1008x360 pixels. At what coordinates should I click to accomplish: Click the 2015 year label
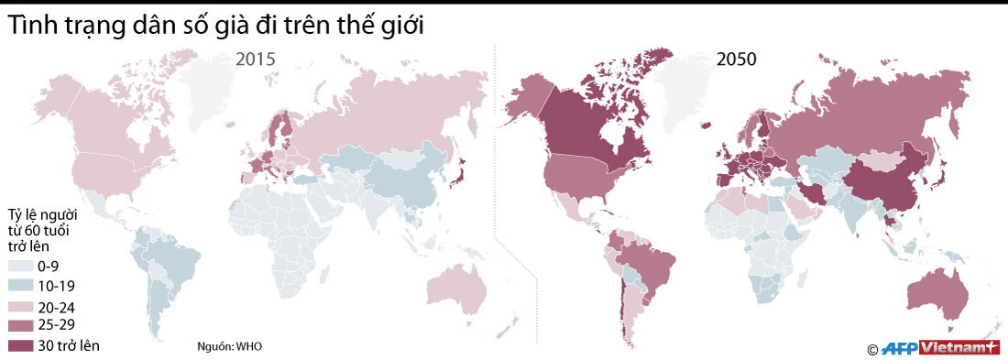tap(256, 60)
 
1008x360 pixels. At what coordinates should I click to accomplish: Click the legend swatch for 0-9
tap(20, 267)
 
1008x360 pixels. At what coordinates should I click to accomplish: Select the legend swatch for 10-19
tap(20, 286)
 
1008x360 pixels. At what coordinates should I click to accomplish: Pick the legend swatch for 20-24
tap(20, 306)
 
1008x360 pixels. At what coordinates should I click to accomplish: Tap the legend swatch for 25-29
tap(20, 325)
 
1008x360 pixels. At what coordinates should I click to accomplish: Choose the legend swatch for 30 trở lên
tap(20, 345)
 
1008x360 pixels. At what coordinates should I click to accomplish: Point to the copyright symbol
tap(872, 348)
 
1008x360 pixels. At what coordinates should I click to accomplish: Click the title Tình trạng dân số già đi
tap(216, 27)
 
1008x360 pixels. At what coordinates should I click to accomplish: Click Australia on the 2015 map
tap(455, 290)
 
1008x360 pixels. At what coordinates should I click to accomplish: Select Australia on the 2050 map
tap(937, 291)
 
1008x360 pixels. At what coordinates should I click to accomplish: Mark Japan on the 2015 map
tap(462, 169)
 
